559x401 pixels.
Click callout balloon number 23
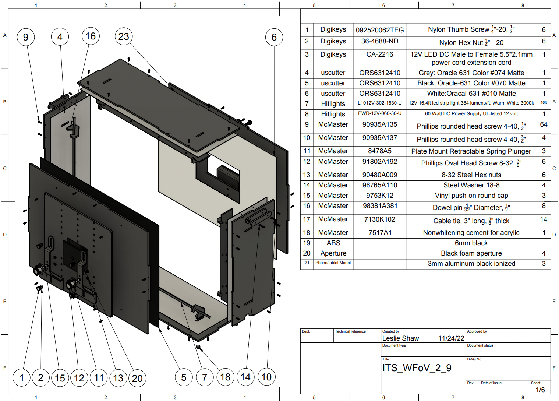point(124,36)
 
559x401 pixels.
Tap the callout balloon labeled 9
point(26,37)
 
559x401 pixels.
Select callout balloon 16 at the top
point(91,36)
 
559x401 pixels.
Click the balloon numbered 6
point(274,37)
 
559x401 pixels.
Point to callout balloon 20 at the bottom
point(137,378)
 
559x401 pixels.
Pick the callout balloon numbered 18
point(225,377)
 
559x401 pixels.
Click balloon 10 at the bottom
point(266,377)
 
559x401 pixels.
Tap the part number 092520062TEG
point(379,30)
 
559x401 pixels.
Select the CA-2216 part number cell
point(379,54)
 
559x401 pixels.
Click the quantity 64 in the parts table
point(544,124)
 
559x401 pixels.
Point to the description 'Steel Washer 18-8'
point(471,185)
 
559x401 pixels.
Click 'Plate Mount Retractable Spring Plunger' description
point(471,151)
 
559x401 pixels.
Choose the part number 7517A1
point(380,233)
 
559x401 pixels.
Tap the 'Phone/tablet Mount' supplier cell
point(333,263)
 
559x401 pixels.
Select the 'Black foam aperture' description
point(471,253)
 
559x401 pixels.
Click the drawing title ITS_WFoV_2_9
point(417,368)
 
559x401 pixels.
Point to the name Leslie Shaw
point(400,338)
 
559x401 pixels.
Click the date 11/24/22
point(451,338)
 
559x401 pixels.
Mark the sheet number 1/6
point(540,390)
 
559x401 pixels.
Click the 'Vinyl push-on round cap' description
point(471,196)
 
